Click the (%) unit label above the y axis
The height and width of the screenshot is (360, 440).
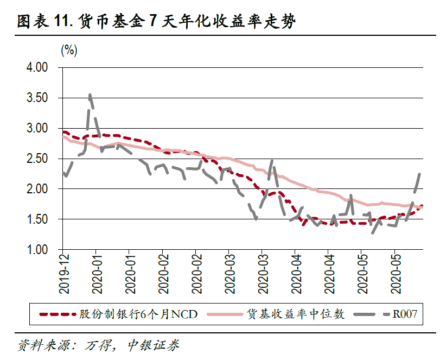(x=69, y=50)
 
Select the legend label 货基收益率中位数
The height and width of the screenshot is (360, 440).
(x=295, y=314)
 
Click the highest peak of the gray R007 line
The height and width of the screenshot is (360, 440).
(x=90, y=95)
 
